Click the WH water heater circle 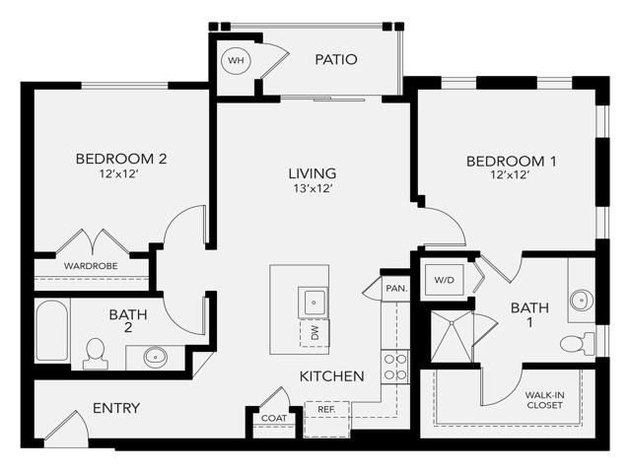tap(236, 60)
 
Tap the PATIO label tap(335, 60)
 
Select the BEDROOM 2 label tap(120, 159)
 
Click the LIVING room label tap(313, 173)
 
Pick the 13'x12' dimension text tap(313, 189)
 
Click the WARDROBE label tap(91, 266)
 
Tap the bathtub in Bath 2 tap(52, 332)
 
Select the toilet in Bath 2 tap(96, 352)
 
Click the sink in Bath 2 tap(155, 357)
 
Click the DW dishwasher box tap(315, 334)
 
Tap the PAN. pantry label tap(396, 289)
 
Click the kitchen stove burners tap(395, 367)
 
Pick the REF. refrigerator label tap(326, 408)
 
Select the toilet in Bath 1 tap(574, 343)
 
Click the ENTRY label tap(116, 408)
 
